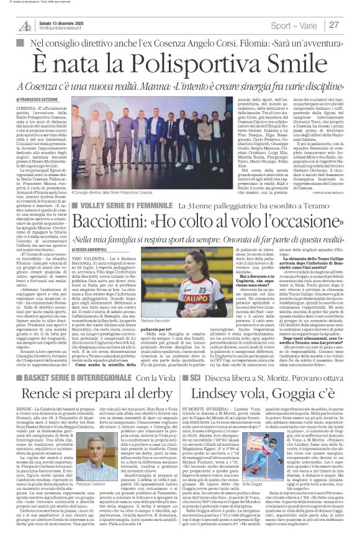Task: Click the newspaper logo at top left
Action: pos(25,25)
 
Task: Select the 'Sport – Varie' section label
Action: pos(297,25)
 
